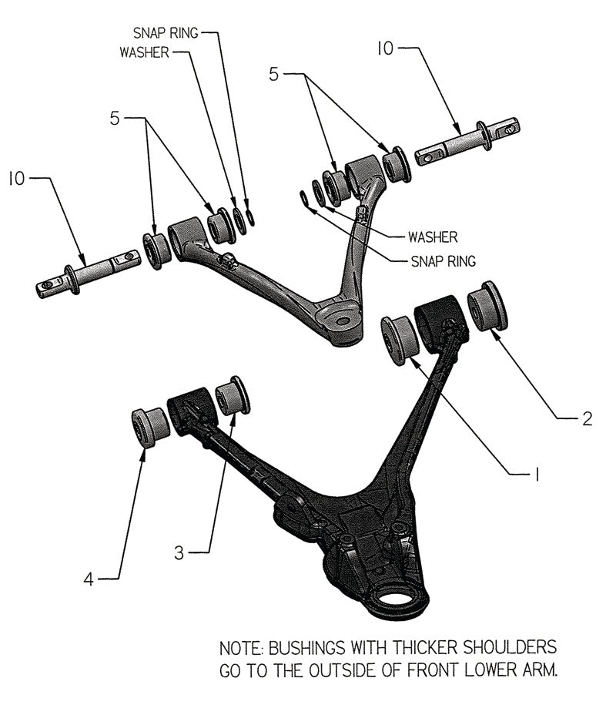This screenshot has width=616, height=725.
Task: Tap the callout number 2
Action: pyautogui.click(x=586, y=419)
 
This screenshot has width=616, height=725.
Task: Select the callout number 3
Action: pyautogui.click(x=179, y=552)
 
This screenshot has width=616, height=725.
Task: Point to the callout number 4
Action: pyautogui.click(x=89, y=579)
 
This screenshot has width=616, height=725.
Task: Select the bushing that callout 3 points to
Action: pyautogui.click(x=233, y=395)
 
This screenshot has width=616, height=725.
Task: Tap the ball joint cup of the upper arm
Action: pyautogui.click(x=342, y=321)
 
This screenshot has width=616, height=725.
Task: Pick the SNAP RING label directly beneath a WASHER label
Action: pyautogui.click(x=443, y=260)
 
